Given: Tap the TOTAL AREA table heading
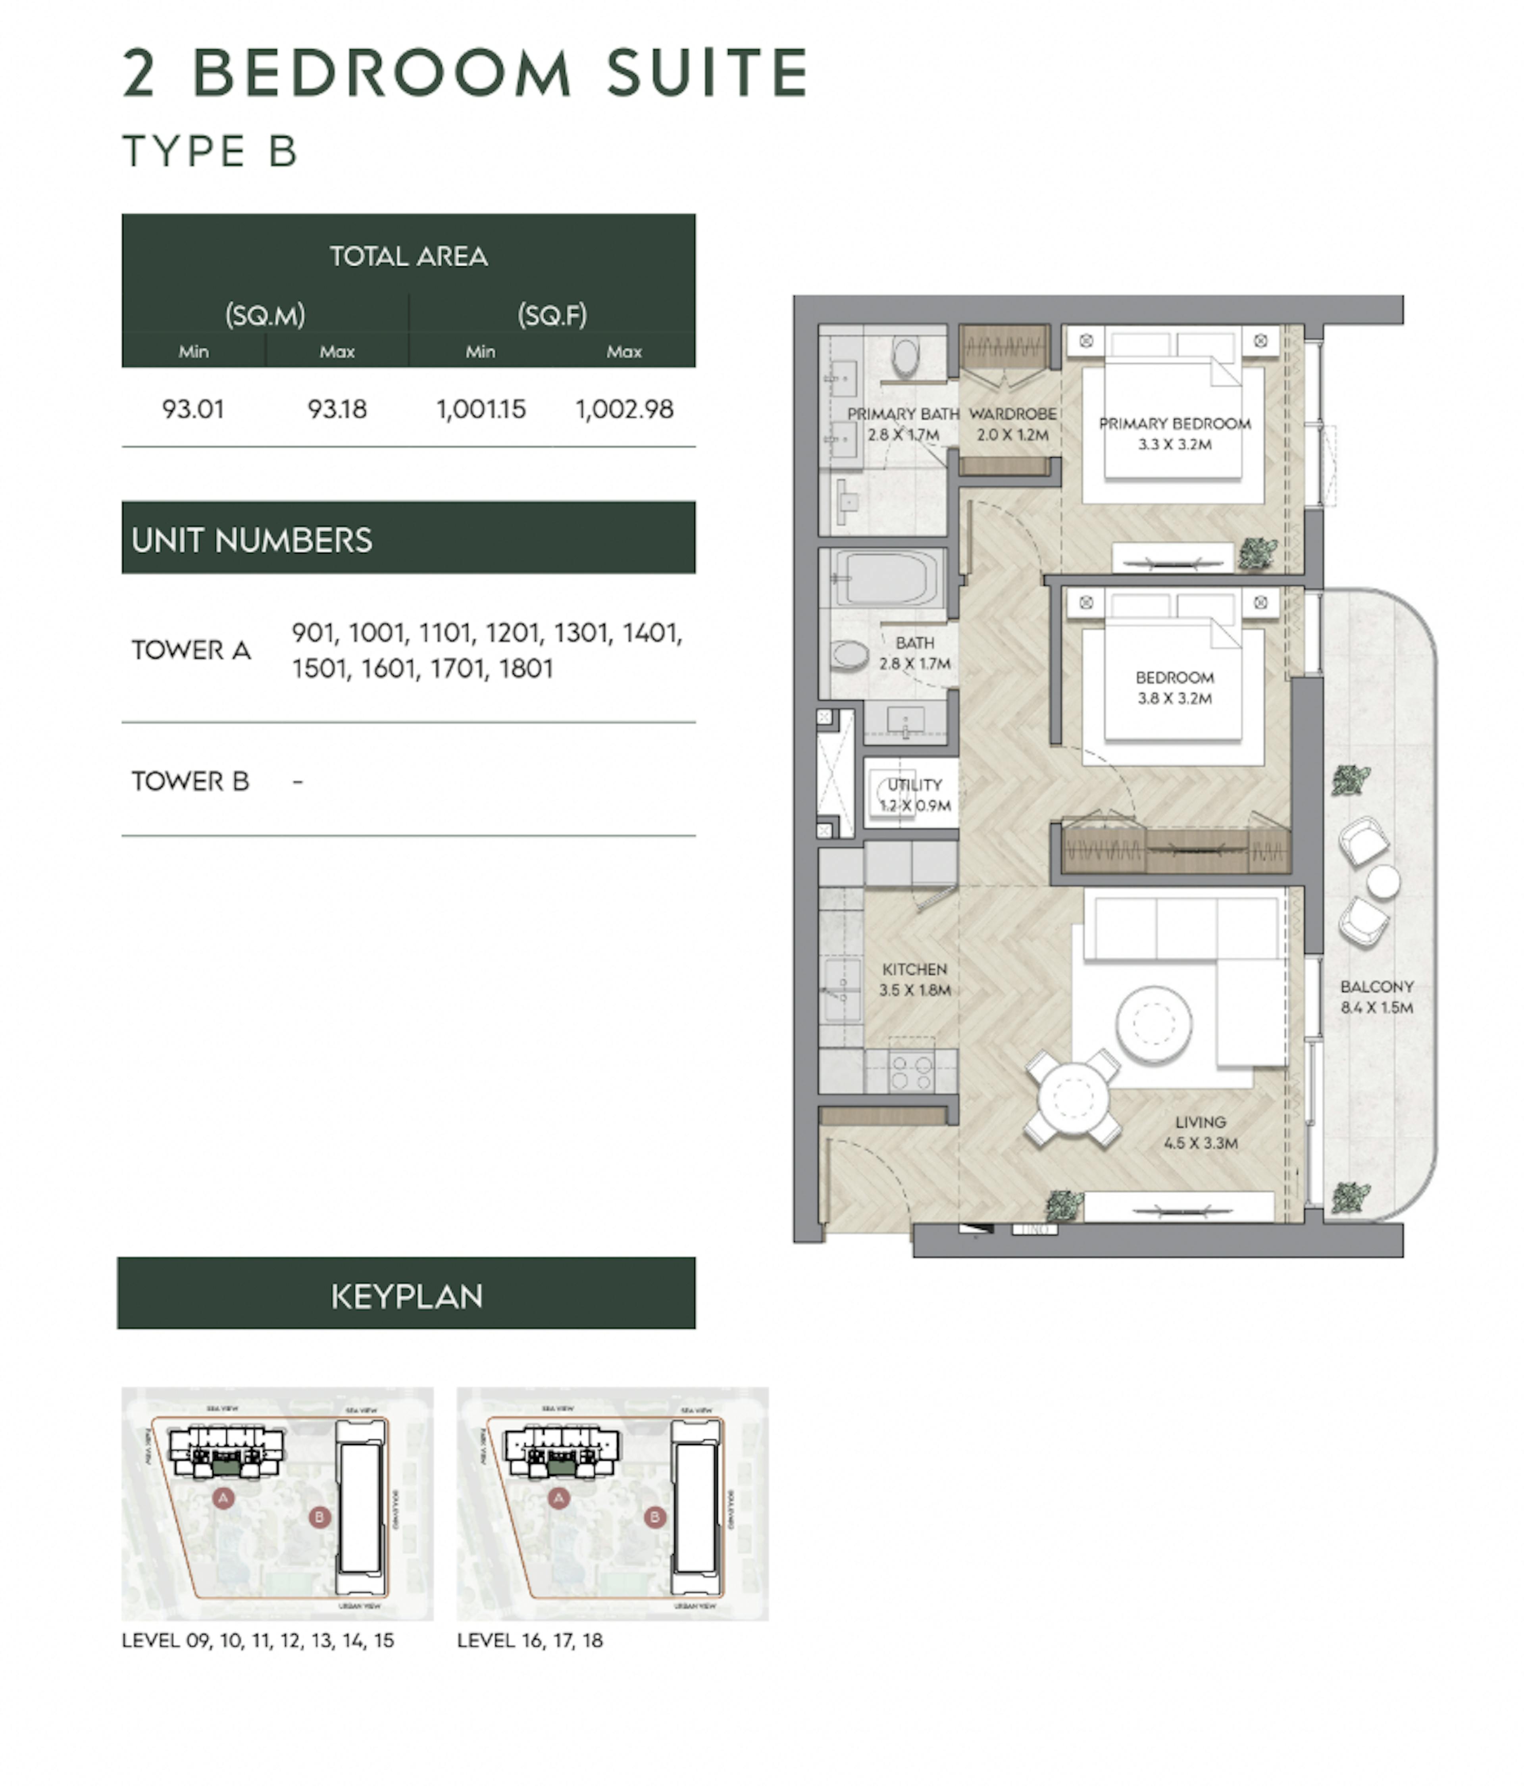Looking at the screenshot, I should click(409, 256).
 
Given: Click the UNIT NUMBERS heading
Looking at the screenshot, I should click(252, 540).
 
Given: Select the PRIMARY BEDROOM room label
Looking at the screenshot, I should click(1174, 433).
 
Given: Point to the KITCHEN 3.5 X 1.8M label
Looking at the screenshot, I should click(914, 979).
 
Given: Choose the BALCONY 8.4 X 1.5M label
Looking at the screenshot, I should click(1377, 997).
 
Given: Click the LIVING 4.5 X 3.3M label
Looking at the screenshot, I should click(1200, 1132).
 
